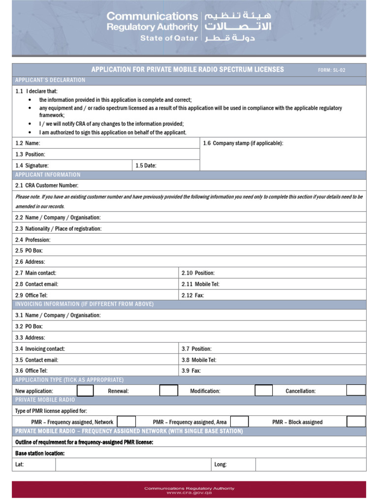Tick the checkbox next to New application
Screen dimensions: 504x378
pyautogui.click(x=85, y=391)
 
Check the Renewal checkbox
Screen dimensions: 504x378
pyautogui.click(x=169, y=391)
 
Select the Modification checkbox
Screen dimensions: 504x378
pyautogui.click(x=263, y=391)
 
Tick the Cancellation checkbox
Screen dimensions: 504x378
pyautogui.click(x=356, y=391)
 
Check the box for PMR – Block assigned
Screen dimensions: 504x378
pyautogui.click(x=356, y=422)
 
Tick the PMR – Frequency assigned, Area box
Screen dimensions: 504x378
pyautogui.click(x=240, y=422)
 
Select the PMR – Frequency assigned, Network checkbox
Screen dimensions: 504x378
pyautogui.click(x=126, y=422)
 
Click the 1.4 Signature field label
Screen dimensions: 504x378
pyautogui.click(x=32, y=166)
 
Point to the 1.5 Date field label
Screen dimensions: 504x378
pyautogui.click(x=146, y=166)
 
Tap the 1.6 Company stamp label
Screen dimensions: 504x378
pyautogui.click(x=243, y=143)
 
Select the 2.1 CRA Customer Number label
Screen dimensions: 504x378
pyautogui.click(x=47, y=186)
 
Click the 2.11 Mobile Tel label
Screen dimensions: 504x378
pyautogui.click(x=200, y=284)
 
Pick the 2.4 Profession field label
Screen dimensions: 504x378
pyautogui.click(x=33, y=240)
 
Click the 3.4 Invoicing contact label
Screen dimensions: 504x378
pyautogui.click(x=40, y=349)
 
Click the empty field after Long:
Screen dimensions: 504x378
pyautogui.click(x=311, y=464)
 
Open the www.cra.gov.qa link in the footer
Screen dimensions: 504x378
pyautogui.click(x=189, y=493)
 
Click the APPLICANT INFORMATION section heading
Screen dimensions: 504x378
pyautogui.click(x=48, y=175)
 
